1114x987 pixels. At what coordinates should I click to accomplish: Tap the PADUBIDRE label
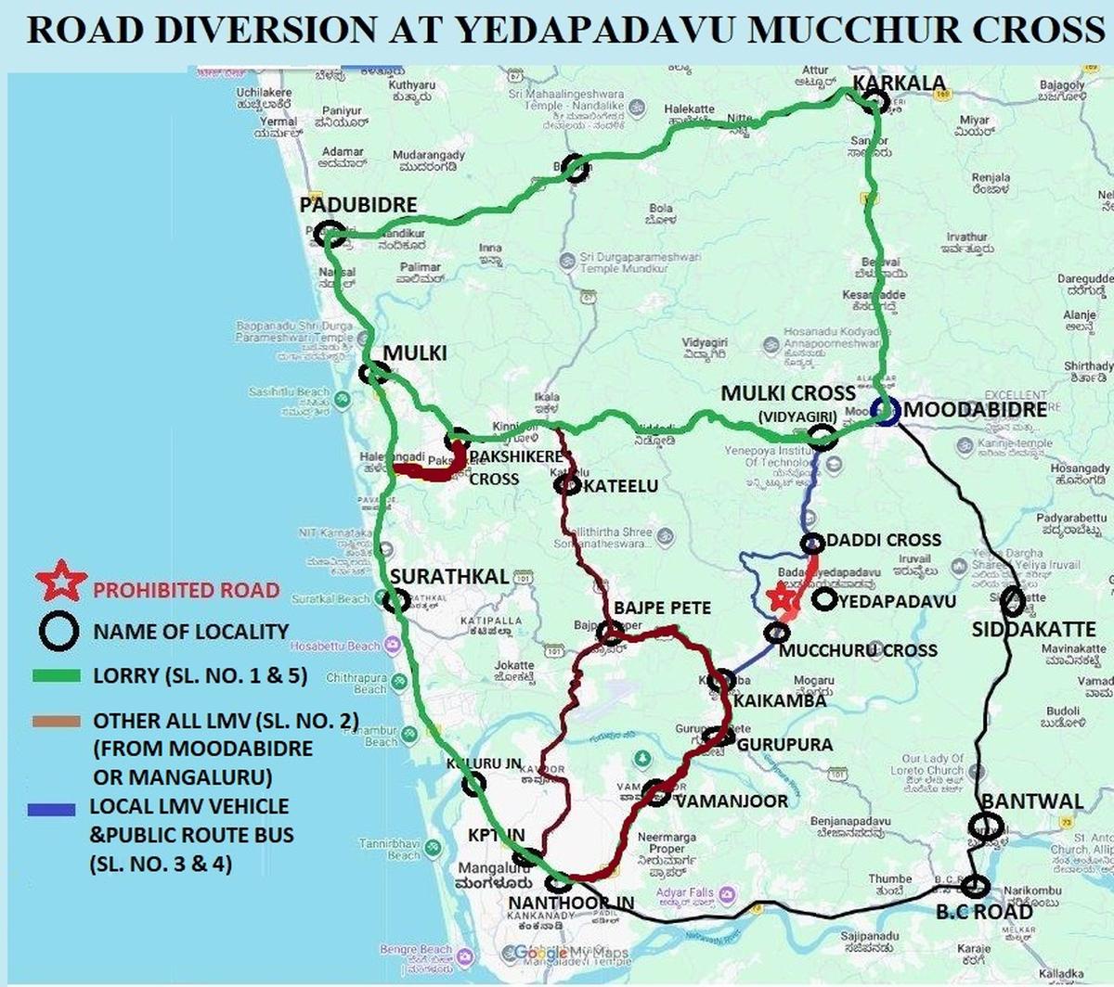coord(358,205)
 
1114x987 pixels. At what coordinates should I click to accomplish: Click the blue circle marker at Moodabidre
coord(886,412)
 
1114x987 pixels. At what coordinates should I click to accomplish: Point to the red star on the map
coord(785,596)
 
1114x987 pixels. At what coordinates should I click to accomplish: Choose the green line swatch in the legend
coord(56,676)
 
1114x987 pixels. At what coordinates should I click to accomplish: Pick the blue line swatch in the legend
coord(52,809)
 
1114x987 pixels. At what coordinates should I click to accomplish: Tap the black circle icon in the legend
coord(58,632)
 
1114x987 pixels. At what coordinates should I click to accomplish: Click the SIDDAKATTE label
coord(1033,630)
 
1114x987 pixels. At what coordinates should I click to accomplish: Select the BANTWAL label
coord(1032,801)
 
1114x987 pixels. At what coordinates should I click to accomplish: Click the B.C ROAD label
coord(984,911)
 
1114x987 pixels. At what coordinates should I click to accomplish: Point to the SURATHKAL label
coord(448,576)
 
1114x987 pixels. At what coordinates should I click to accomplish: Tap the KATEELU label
coord(621,486)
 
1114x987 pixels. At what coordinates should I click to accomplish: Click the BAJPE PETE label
coord(662,608)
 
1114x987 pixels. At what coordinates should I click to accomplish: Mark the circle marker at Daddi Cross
coord(812,543)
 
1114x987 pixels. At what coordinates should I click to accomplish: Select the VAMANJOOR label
coord(731,801)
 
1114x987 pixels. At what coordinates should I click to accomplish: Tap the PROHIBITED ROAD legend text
coord(186,590)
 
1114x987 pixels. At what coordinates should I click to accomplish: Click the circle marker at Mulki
coord(375,373)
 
